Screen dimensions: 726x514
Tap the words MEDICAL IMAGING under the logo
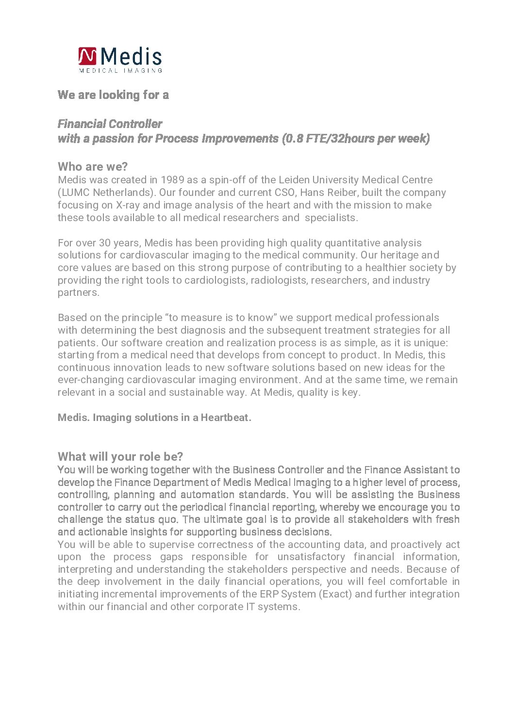tap(120, 71)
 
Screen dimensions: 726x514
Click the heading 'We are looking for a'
tap(113, 95)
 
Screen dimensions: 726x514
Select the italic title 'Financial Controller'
tap(110, 124)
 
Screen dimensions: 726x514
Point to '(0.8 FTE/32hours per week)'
tap(356, 138)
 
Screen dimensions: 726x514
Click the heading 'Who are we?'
tap(93, 167)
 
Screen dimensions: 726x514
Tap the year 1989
tap(172, 180)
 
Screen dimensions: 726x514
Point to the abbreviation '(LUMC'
tap(74, 193)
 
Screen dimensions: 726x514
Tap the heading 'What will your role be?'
tap(120, 457)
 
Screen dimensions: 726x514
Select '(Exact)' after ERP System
tap(335, 594)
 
